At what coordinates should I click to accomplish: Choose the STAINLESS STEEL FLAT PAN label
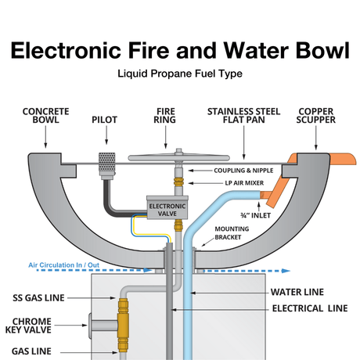pyautogui.click(x=244, y=117)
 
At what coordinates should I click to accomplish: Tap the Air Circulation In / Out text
pyautogui.click(x=64, y=265)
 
